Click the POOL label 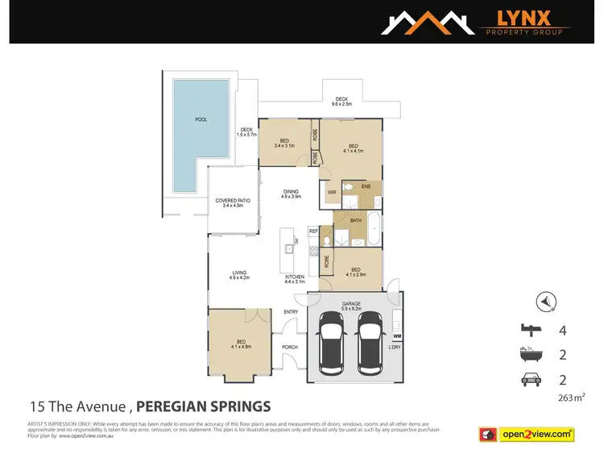point(201,119)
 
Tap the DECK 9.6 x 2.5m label point(341,102)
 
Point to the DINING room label point(291,194)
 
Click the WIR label point(331,192)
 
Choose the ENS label point(365,186)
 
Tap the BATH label point(355,220)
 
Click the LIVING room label point(240,275)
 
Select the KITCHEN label point(295,279)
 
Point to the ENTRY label point(291,312)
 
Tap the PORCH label point(290,347)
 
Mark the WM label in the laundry point(396,335)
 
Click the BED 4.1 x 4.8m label point(241,344)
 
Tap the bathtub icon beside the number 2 point(532,354)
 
